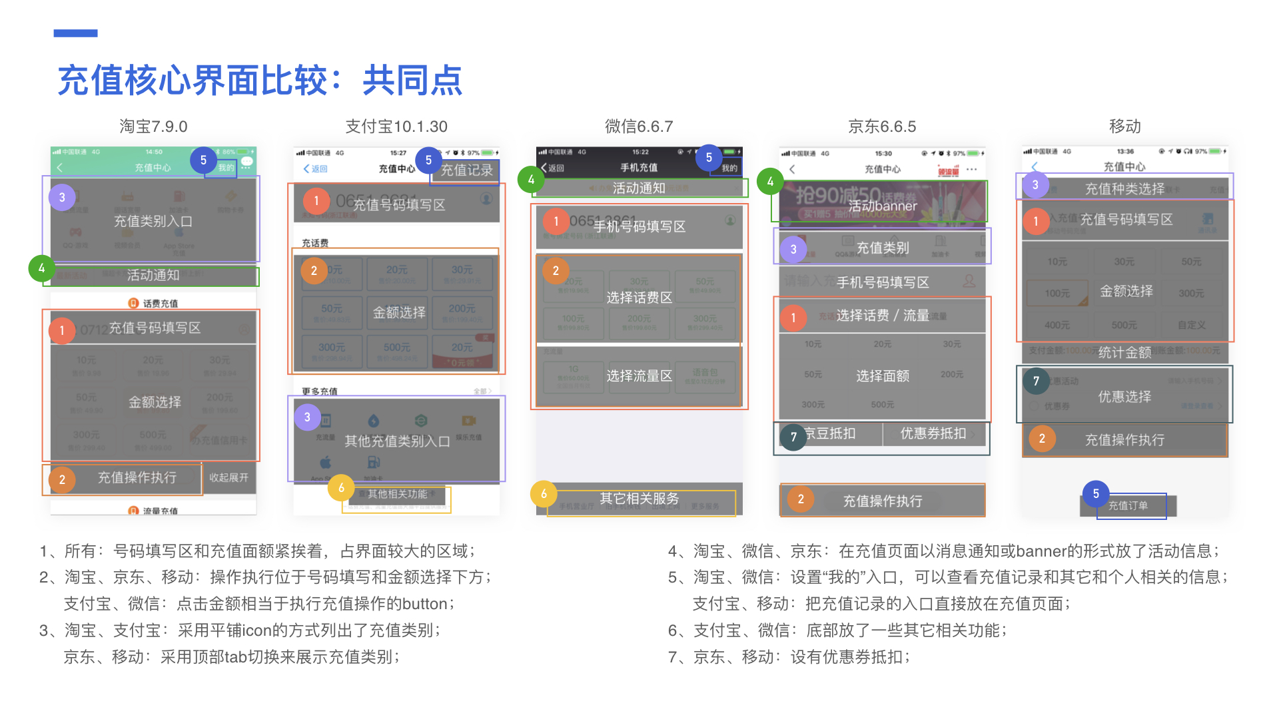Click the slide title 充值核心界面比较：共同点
260,81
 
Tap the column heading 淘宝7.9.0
153,126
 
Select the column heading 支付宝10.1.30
396,126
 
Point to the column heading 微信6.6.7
639,126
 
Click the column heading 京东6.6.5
882,126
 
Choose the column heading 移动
1124,126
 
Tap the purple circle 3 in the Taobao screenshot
62,197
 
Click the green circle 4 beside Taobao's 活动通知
41,268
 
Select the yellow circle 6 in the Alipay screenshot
341,488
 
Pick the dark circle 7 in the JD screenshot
793,437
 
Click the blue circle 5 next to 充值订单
1096,493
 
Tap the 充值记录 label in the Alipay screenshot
466,170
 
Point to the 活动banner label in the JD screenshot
882,206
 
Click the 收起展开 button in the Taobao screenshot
228,477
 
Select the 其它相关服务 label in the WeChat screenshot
639,499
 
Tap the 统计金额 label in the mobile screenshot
1124,352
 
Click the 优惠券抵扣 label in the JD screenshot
933,433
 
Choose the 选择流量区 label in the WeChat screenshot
639,376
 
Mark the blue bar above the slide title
75,33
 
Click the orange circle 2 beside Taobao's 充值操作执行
62,479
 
